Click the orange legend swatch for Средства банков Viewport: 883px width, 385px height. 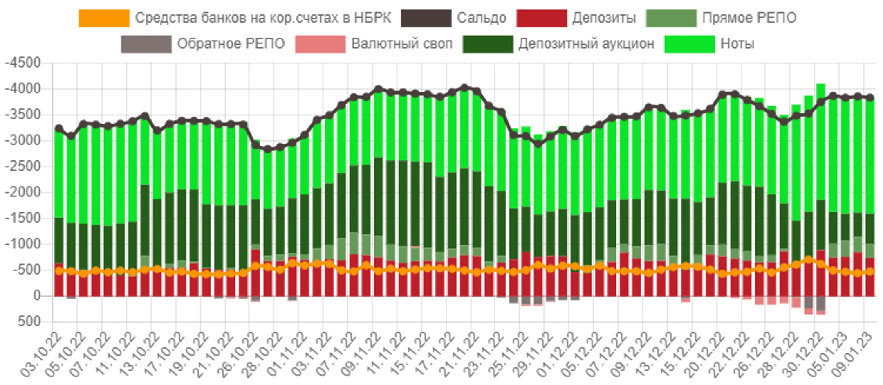click(104, 18)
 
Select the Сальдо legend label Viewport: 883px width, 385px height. click(481, 18)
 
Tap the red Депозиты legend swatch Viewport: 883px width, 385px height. click(541, 18)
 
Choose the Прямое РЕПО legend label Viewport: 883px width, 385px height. click(749, 18)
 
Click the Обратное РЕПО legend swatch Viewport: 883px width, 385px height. click(146, 44)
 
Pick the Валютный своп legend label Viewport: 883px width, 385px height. click(401, 44)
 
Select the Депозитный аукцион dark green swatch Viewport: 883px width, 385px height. click(487, 44)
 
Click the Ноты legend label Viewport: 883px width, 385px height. click(737, 44)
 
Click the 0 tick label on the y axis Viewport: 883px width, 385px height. click(37, 296)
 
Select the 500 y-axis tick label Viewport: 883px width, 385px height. click(29, 322)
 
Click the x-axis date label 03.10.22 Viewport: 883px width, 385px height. click(42, 353)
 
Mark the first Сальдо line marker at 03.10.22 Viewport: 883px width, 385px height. click(59, 128)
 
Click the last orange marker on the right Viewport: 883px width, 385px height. click(870, 271)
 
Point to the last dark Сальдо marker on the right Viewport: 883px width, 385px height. click(870, 97)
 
